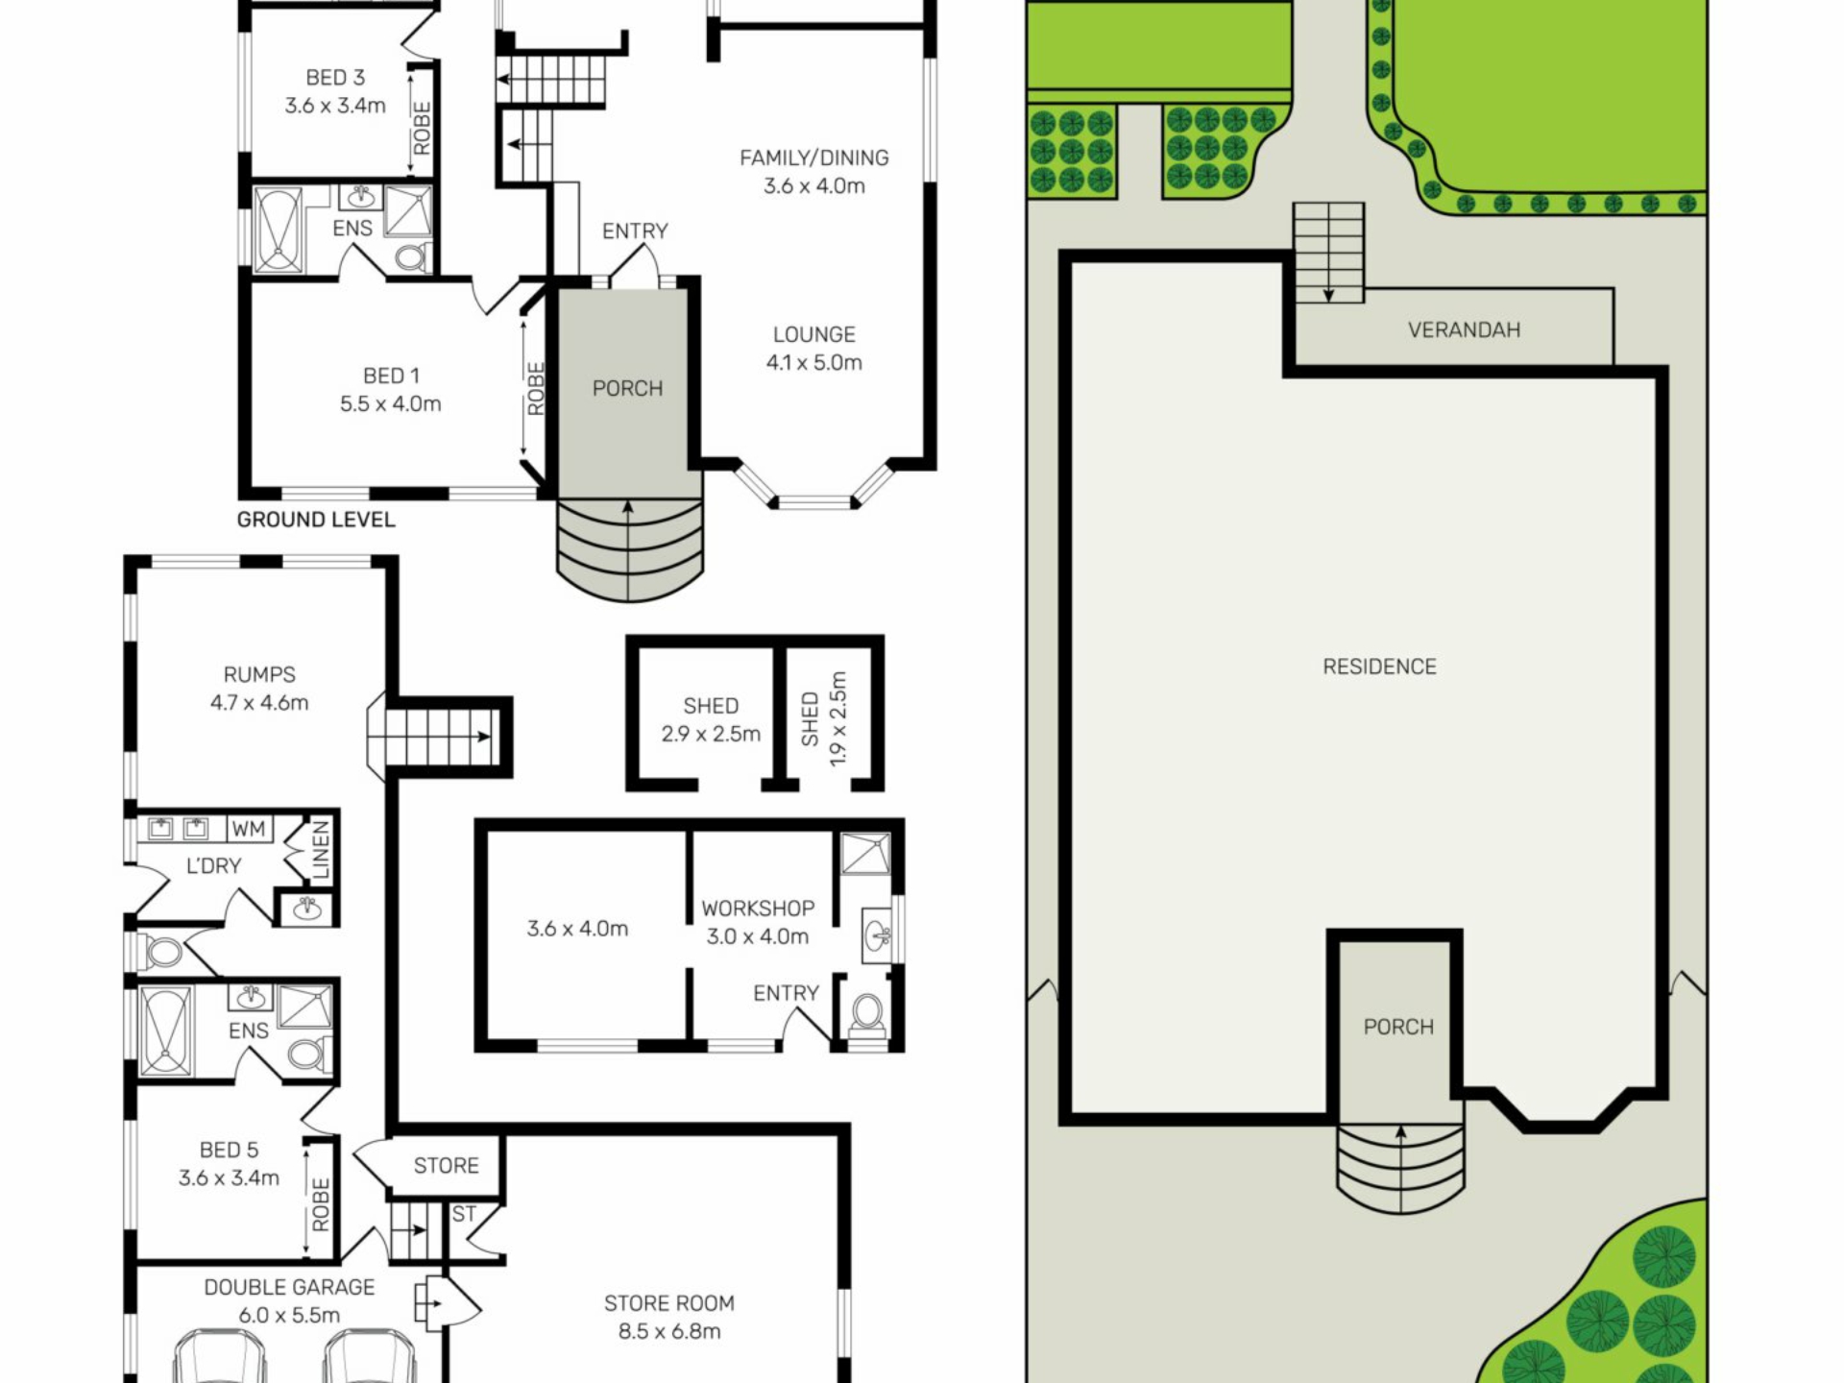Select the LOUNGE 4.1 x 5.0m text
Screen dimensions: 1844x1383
click(x=814, y=349)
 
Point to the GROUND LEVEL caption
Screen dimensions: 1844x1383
click(x=316, y=520)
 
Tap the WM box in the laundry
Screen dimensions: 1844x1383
click(x=248, y=829)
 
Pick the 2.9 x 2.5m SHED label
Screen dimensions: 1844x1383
click(x=711, y=719)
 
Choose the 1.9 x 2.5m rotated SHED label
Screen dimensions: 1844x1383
click(x=824, y=718)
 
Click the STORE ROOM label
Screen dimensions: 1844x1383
click(x=669, y=1317)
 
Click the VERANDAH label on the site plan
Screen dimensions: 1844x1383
click(x=1464, y=330)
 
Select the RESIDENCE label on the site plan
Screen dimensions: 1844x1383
click(x=1379, y=667)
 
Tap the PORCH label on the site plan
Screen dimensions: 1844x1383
click(x=1398, y=1027)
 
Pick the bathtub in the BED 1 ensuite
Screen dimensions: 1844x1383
click(x=279, y=230)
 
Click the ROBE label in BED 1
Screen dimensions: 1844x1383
click(x=536, y=388)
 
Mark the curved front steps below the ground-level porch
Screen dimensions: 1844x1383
click(x=629, y=549)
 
